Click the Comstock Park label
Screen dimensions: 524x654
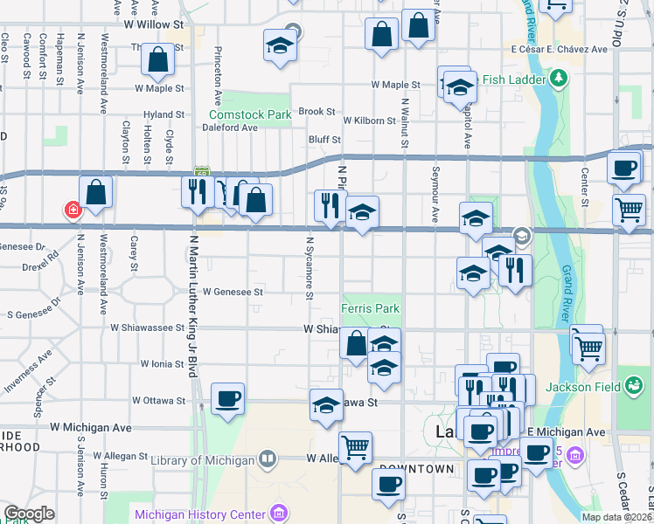(x=249, y=114)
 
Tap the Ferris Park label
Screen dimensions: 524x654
(x=370, y=309)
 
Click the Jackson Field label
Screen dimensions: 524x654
(x=581, y=387)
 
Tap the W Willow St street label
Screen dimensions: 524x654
(x=158, y=25)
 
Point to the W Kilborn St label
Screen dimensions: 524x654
(x=371, y=121)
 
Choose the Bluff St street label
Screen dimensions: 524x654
(x=324, y=140)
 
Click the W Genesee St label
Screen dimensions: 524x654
(x=233, y=292)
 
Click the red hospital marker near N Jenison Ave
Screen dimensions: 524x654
(x=72, y=210)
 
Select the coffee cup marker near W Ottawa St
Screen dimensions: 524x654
(x=228, y=399)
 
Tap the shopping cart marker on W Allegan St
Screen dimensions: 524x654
(x=355, y=447)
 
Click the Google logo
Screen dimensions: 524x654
(x=29, y=514)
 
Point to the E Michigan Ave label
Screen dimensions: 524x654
(x=566, y=432)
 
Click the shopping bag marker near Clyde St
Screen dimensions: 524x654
(x=158, y=61)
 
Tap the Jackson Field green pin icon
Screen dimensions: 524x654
(x=631, y=385)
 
